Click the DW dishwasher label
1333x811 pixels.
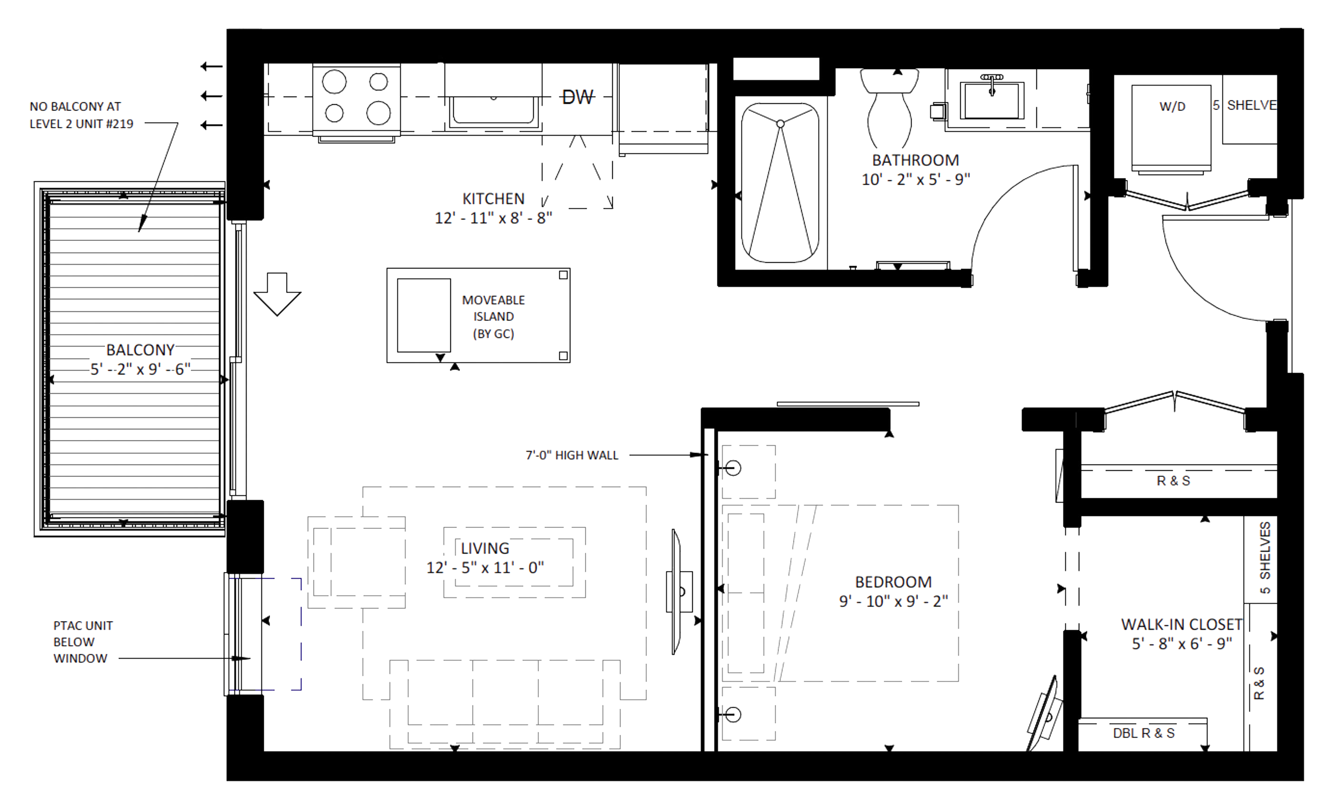(x=578, y=97)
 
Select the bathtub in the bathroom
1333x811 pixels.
(x=780, y=183)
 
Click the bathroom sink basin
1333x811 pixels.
(x=992, y=100)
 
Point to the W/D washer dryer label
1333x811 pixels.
(x=1172, y=107)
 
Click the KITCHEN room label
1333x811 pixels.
(x=493, y=199)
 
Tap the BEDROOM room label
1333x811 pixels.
(x=893, y=582)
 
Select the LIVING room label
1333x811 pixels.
(x=485, y=548)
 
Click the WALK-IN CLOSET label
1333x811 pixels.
(x=1182, y=624)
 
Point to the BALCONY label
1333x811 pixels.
(x=140, y=350)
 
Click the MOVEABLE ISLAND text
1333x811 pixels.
(x=493, y=317)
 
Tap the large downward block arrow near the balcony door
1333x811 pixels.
(x=277, y=294)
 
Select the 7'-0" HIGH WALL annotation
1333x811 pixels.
(x=572, y=455)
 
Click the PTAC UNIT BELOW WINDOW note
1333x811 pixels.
(x=83, y=642)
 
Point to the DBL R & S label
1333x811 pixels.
(x=1144, y=733)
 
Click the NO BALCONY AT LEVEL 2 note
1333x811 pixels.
(x=81, y=115)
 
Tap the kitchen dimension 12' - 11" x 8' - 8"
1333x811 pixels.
(x=493, y=218)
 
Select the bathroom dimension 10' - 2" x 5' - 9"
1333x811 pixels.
(x=915, y=179)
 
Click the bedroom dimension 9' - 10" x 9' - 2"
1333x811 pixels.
(x=893, y=601)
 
